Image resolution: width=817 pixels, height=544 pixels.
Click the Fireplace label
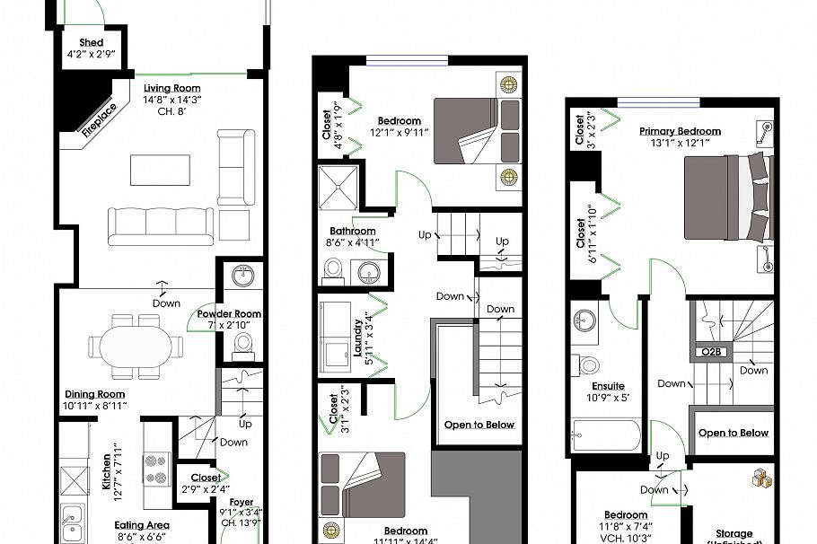pyautogui.click(x=99, y=120)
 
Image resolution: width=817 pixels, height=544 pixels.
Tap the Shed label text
pyautogui.click(x=91, y=42)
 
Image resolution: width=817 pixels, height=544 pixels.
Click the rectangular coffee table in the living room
pyautogui.click(x=160, y=169)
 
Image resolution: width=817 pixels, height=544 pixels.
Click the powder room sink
pyautogui.click(x=242, y=275)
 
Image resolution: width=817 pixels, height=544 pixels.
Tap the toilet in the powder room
pyautogui.click(x=242, y=344)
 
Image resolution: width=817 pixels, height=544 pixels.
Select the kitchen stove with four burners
pyautogui.click(x=158, y=467)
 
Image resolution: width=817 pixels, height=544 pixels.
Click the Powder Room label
pyautogui.click(x=230, y=314)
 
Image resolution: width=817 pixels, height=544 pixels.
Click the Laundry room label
pyautogui.click(x=357, y=337)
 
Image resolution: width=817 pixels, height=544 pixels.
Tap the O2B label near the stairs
pyautogui.click(x=712, y=352)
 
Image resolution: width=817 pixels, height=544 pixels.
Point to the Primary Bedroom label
pyautogui.click(x=680, y=131)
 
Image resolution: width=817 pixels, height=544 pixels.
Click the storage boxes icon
pyautogui.click(x=763, y=479)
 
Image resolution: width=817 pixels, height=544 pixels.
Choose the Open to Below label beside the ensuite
pyautogui.click(x=734, y=433)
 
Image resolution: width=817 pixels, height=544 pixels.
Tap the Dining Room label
pyautogui.click(x=94, y=394)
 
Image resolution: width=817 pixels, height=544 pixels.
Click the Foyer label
pyautogui.click(x=242, y=503)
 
